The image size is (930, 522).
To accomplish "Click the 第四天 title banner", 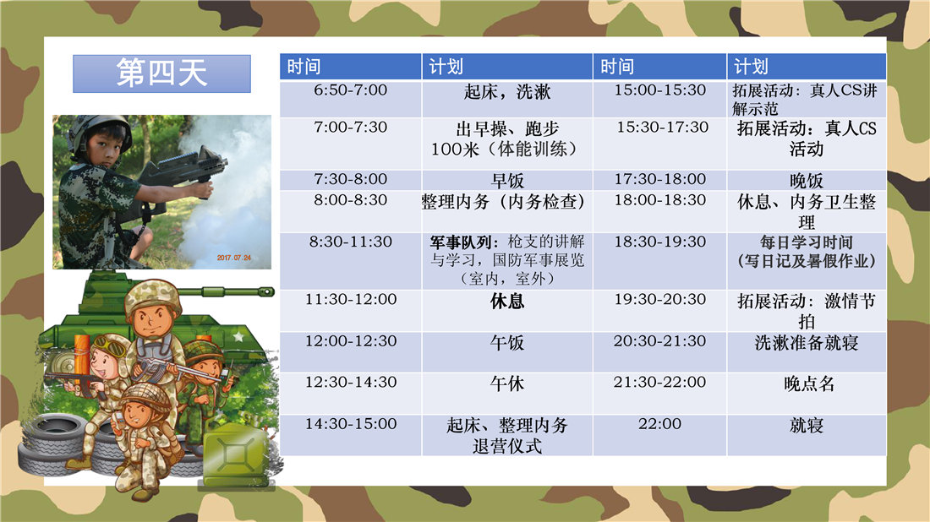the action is pos(162,73).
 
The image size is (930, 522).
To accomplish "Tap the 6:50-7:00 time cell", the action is pos(351,99).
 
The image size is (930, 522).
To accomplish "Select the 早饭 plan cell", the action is pos(507,180).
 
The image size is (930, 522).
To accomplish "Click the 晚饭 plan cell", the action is pos(807,180).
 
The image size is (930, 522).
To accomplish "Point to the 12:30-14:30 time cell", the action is pos(351,393).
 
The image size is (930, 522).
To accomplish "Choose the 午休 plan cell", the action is pos(507,393).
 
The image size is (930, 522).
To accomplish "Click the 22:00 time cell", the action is pos(660,435).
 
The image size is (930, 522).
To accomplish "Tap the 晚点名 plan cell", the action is pos(807,393).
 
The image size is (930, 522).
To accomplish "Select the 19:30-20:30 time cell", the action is pos(660,311).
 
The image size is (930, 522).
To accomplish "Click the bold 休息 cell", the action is pos(507,311).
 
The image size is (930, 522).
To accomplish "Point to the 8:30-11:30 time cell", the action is pos(351,261).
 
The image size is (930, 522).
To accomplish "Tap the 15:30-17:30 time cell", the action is pos(660,144).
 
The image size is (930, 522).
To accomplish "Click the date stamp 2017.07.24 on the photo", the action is pos(233,258).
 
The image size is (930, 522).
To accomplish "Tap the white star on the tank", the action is pos(238,337).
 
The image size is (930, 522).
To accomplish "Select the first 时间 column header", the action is pos(351,67).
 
